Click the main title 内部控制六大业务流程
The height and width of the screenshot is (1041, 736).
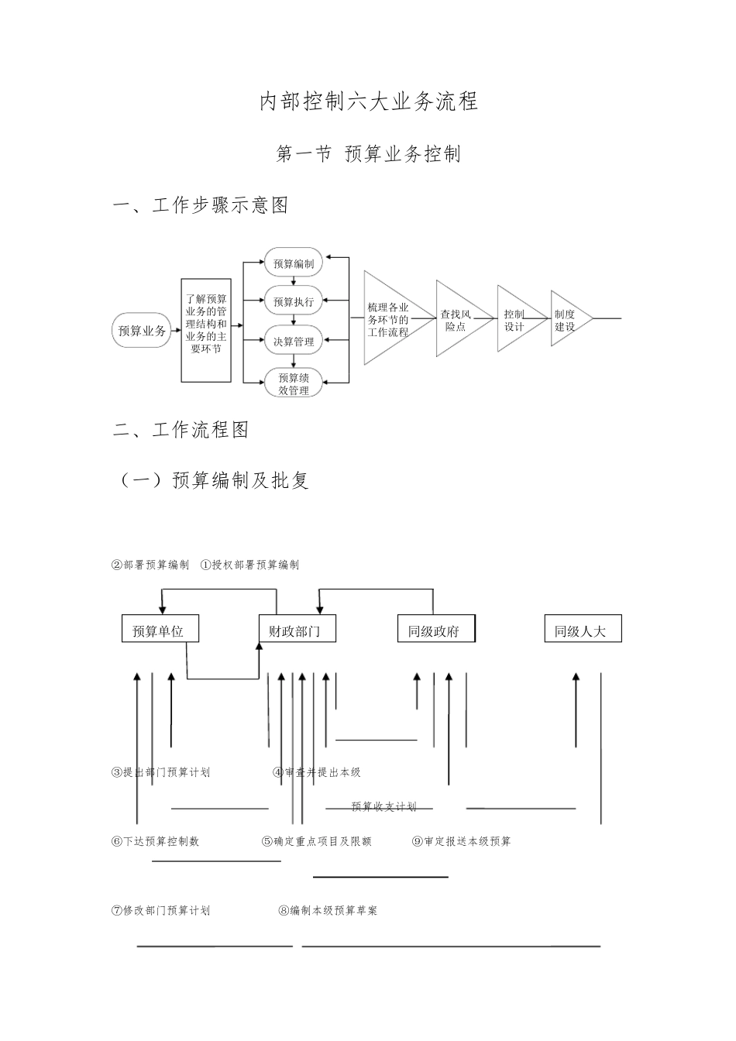click(x=368, y=101)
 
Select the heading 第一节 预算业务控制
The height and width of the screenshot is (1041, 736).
click(x=368, y=154)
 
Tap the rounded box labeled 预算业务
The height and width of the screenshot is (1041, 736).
click(x=142, y=331)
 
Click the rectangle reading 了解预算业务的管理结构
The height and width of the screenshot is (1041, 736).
click(x=206, y=330)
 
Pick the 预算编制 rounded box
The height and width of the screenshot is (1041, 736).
click(x=294, y=263)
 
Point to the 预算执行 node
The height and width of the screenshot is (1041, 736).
click(x=294, y=302)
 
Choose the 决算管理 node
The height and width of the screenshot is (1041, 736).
click(x=294, y=341)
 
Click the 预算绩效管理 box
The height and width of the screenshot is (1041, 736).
click(x=294, y=384)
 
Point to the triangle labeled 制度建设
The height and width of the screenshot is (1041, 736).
click(x=566, y=320)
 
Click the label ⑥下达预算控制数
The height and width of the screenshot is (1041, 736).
click(x=156, y=841)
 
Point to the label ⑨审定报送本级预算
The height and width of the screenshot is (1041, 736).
click(x=462, y=841)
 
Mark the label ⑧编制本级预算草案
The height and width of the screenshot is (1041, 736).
click(x=328, y=911)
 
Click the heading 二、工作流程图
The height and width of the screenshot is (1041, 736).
click(x=181, y=430)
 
